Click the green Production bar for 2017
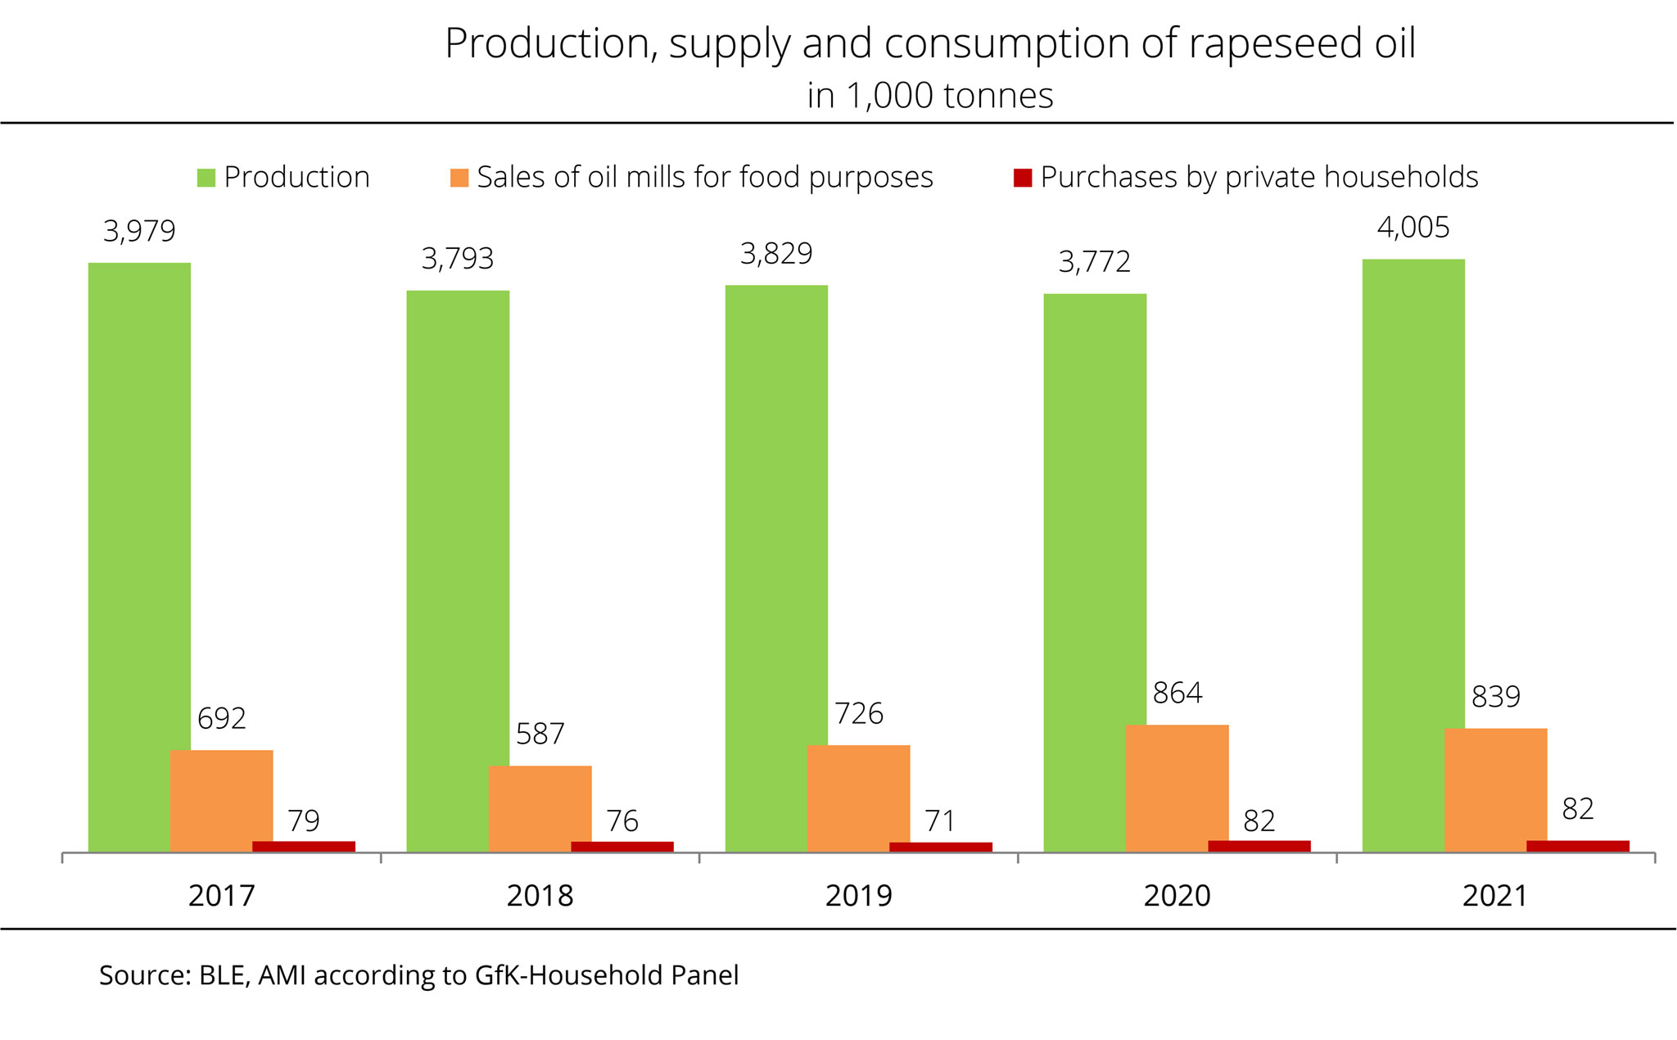[139, 557]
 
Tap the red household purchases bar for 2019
[940, 847]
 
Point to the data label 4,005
[1413, 228]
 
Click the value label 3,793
[458, 259]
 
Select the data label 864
[1178, 694]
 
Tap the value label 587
[540, 734]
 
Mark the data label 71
[940, 821]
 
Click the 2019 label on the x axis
[858, 896]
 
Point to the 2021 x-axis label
[1495, 896]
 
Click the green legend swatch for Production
[206, 178]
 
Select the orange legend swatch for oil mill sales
[459, 178]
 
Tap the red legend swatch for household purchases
[1023, 178]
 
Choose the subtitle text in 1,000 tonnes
[930, 96]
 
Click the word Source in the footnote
[142, 975]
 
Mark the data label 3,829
[776, 254]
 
